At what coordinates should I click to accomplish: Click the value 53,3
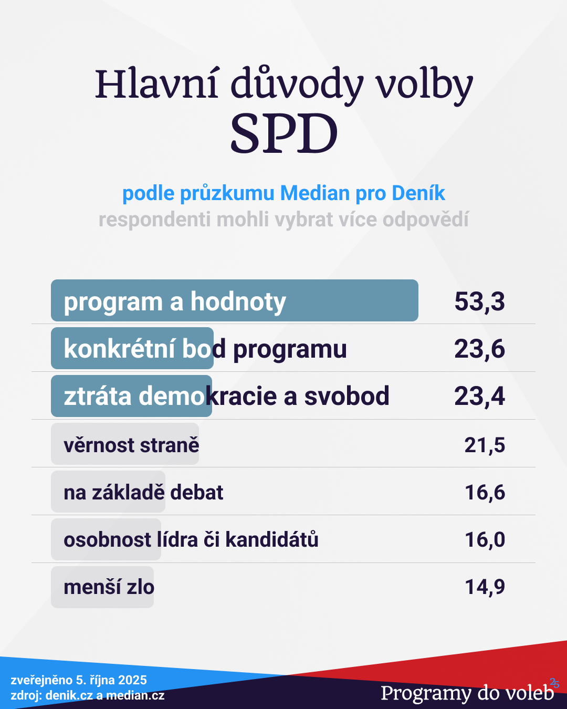[x=479, y=301]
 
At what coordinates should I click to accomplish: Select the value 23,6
[x=479, y=349]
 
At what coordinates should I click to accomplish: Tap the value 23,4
[x=479, y=396]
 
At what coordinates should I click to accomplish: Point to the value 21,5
[x=485, y=445]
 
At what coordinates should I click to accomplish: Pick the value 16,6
[x=485, y=493]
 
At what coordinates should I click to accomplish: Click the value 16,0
[x=485, y=540]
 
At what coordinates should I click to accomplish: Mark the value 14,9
[x=485, y=587]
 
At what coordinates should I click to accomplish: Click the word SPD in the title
[x=284, y=134]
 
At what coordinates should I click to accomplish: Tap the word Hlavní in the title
[x=156, y=84]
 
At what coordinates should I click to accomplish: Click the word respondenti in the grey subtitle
[x=155, y=220]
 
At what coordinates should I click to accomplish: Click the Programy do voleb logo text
[x=467, y=693]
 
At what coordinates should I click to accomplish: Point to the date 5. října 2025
[x=111, y=680]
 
